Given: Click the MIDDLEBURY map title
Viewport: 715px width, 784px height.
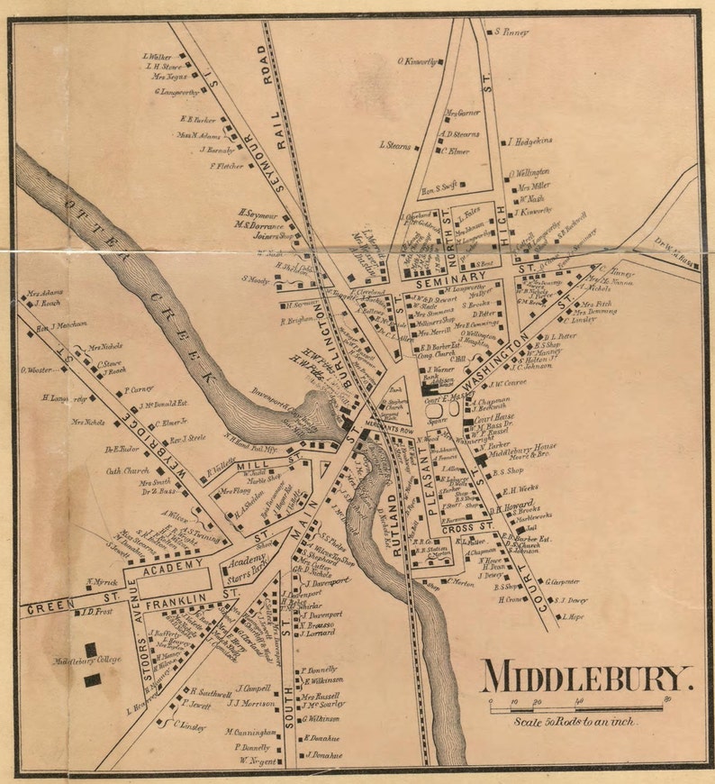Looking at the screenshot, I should coord(586,676).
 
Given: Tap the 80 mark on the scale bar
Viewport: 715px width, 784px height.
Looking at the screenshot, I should coord(665,699).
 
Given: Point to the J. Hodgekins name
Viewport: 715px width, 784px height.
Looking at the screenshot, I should coord(531,141).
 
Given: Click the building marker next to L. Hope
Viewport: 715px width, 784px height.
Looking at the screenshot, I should coord(558,617).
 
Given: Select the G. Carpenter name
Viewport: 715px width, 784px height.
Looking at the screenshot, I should coord(563,581).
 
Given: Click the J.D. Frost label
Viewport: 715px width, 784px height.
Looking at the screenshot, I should coord(95,612).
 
